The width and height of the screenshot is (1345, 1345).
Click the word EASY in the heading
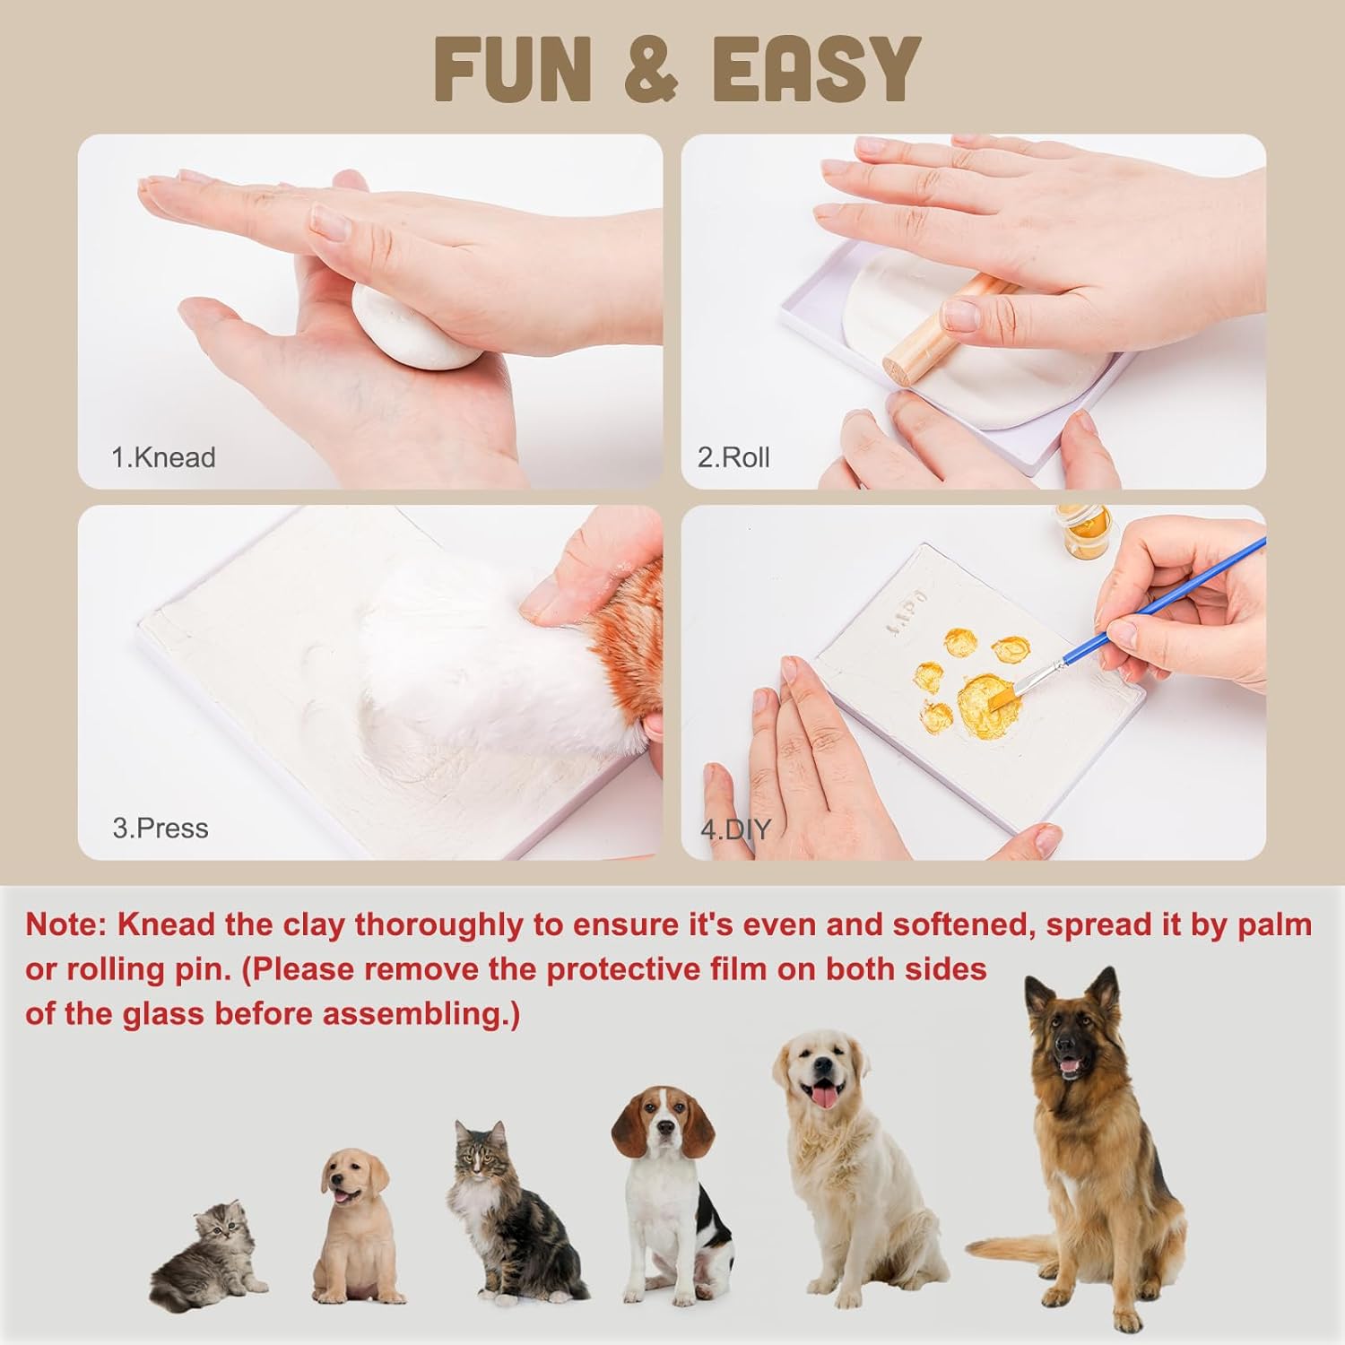(x=816, y=69)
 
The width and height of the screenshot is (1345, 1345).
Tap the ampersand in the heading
(x=650, y=69)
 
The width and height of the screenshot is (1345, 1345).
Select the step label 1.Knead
(x=163, y=457)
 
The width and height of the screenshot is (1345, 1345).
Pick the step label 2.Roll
(x=733, y=457)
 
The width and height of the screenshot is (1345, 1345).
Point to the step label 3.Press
(x=161, y=828)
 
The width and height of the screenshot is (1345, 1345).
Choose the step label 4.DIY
(x=735, y=829)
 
